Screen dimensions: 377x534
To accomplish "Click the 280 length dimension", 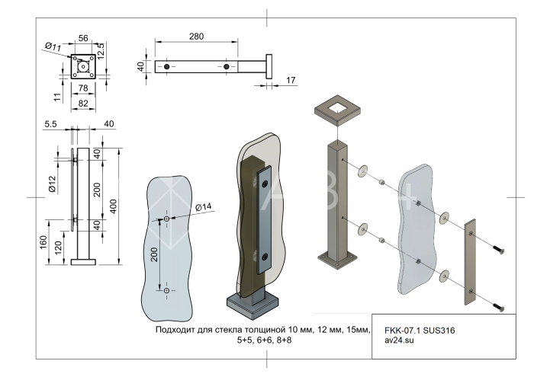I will point(197,37).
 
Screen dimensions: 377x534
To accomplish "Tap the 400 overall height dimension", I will point(113,206).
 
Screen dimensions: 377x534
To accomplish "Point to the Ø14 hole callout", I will point(204,207).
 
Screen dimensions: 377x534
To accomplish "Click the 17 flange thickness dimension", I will point(291,79).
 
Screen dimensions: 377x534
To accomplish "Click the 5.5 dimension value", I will point(52,123).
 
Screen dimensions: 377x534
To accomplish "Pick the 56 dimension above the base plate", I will point(83,37).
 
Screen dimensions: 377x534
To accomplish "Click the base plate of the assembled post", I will point(257,307).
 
